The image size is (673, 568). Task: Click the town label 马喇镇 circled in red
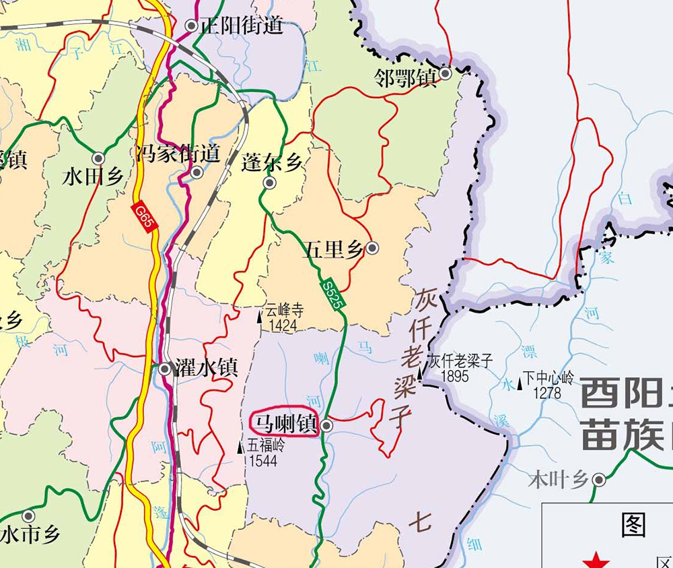283,424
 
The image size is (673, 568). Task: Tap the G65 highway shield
145,217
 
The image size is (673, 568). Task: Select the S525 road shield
332,295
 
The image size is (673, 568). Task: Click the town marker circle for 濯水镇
165,369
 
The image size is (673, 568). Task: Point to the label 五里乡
334,250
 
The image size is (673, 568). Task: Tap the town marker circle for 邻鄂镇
446,74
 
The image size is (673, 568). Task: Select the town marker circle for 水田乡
98,158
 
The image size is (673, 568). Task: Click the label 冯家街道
178,154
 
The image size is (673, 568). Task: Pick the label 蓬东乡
272,162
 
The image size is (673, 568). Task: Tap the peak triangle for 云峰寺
261,314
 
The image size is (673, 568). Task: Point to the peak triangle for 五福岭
241,447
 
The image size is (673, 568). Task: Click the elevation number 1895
454,376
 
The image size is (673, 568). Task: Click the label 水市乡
30,535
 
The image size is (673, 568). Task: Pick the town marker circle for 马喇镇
326,426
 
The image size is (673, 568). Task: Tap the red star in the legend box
596,561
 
